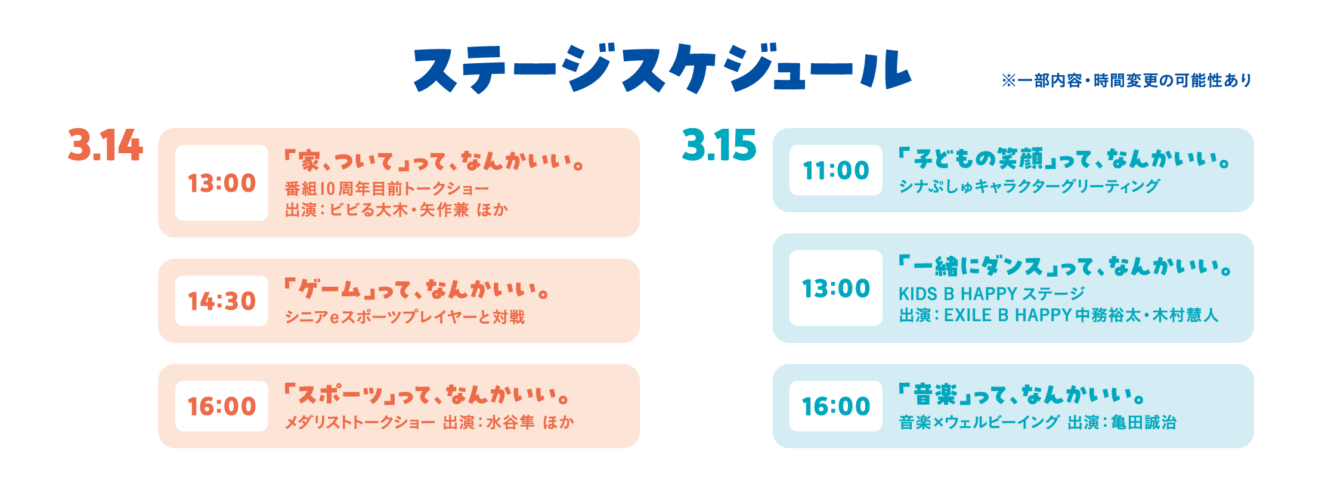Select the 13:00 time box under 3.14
pos(222,183)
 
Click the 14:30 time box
pos(222,301)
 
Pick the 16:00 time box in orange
pos(222,407)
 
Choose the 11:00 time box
pos(836,171)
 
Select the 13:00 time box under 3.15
pos(836,289)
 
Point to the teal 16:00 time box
pos(836,407)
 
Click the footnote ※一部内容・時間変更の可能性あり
pos(1127,80)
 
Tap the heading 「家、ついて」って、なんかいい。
pos(434,161)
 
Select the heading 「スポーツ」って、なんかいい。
pos(427,395)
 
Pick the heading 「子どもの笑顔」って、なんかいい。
pos(1064,159)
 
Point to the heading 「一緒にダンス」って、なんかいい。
pos(1065,266)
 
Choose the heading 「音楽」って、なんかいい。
pos(1022,395)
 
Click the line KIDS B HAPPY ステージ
pos(992,294)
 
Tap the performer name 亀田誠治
pos(1144,423)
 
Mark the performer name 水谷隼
pos(510,423)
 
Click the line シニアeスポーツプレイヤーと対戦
pos(405,317)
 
